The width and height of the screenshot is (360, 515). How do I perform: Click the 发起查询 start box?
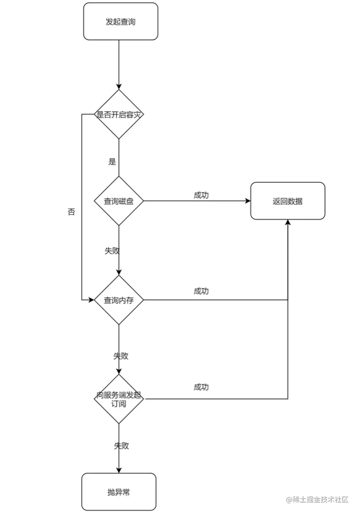[120, 21]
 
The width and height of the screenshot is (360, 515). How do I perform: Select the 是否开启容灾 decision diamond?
[119, 115]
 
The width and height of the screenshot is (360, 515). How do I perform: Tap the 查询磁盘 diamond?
[119, 201]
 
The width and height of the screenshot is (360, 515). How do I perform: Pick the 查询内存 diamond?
[119, 300]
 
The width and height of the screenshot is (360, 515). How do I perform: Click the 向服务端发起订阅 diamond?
[119, 399]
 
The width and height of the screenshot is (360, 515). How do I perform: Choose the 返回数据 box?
[288, 201]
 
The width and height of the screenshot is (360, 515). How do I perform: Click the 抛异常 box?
[119, 492]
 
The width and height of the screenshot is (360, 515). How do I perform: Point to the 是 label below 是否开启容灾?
[112, 162]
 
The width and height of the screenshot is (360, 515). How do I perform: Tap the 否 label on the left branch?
[71, 212]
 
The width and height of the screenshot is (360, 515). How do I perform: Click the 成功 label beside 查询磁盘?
[201, 195]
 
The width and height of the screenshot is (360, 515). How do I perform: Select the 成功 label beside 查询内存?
[201, 291]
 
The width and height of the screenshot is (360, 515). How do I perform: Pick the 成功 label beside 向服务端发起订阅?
[201, 387]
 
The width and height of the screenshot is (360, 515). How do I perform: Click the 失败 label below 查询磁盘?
[112, 250]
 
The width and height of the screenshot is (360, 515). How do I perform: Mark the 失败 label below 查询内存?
[121, 356]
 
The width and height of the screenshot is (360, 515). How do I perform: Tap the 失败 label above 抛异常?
[121, 445]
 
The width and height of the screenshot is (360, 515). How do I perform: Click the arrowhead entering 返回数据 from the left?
[247, 201]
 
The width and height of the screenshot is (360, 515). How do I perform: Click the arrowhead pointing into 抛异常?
[119, 470]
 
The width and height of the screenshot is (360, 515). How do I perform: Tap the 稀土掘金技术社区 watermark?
[317, 499]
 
